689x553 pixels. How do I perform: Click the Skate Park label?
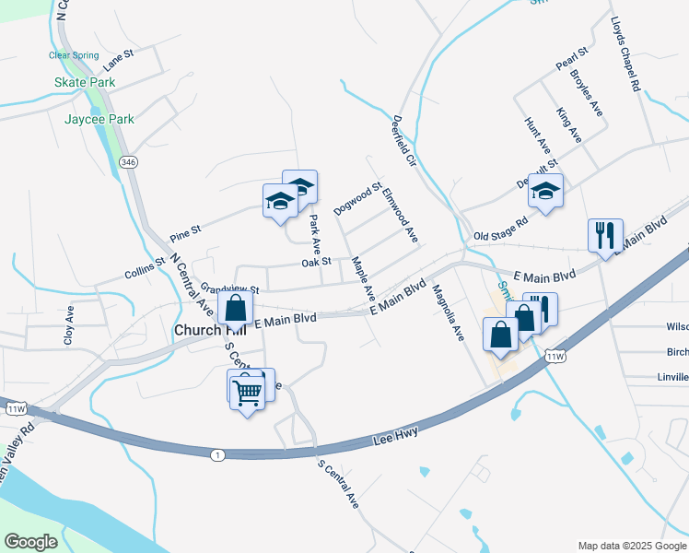(x=84, y=82)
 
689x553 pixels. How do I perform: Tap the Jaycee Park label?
(x=99, y=119)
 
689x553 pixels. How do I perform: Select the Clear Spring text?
(x=73, y=55)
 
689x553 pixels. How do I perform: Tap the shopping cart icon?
(x=246, y=393)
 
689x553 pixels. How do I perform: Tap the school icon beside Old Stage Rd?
(x=546, y=192)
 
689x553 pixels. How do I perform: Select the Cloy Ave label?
(x=69, y=325)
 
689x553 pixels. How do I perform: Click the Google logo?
(x=30, y=542)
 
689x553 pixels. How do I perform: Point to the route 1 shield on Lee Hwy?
(x=216, y=454)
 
